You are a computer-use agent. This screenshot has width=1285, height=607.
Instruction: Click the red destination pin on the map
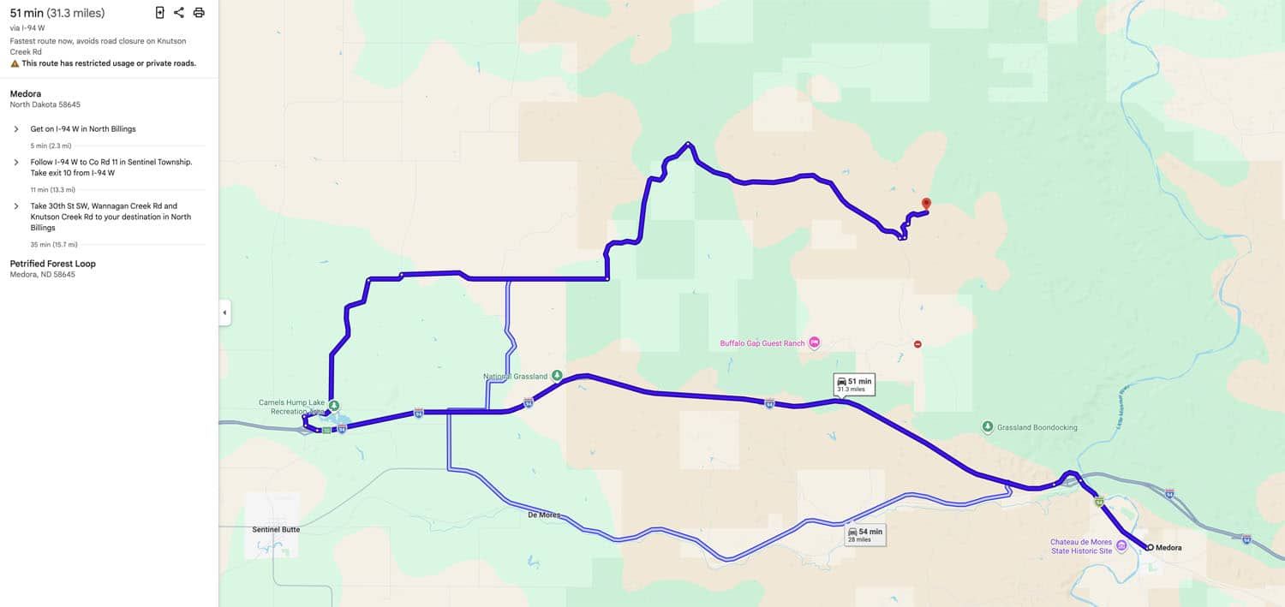coord(925,204)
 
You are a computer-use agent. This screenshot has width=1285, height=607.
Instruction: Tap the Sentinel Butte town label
coord(276,529)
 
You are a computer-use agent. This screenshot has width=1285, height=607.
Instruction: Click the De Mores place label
coord(544,515)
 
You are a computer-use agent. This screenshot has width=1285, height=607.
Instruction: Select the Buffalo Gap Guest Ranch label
coord(762,343)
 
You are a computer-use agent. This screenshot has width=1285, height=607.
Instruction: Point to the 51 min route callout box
coord(853,384)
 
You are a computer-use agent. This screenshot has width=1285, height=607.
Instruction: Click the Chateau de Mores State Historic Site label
coord(1081,546)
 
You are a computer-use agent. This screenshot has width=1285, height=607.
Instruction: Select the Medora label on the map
coord(1168,547)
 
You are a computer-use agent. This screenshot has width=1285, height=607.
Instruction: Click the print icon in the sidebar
coord(199,13)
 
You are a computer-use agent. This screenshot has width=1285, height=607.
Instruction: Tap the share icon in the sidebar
coord(178,13)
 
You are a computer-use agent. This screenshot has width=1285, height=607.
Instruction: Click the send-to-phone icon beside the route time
coord(159,13)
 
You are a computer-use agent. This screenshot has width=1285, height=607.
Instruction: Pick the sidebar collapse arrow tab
coord(224,312)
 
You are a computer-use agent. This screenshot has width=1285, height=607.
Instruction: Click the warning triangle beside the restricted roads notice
coord(15,63)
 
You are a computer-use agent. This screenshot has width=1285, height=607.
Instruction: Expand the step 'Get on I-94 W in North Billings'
coord(16,129)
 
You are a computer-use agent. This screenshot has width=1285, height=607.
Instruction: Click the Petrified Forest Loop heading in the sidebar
coord(53,264)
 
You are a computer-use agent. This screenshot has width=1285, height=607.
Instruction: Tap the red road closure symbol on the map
coord(917,344)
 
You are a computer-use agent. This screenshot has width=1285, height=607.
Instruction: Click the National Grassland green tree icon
coord(557,375)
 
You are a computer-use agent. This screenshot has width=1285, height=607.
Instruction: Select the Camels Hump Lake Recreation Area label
coord(291,407)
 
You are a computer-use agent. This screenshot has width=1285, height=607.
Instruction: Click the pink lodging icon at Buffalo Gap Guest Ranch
coord(814,343)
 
